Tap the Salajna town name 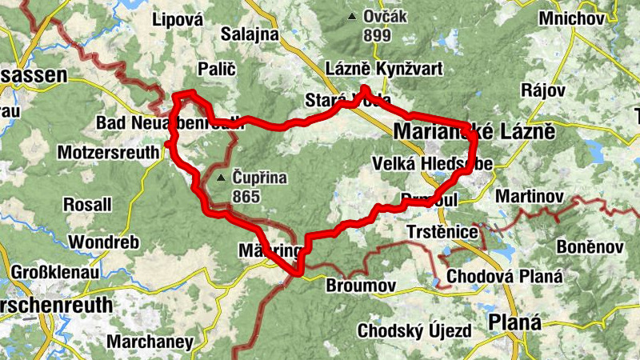(249, 34)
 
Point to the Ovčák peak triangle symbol (350, 16)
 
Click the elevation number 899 (376, 35)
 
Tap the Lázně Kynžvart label (386, 70)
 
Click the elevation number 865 (248, 195)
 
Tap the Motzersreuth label (107, 150)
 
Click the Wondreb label (104, 242)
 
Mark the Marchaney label (150, 342)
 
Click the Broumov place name (362, 286)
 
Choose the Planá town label (514, 322)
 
